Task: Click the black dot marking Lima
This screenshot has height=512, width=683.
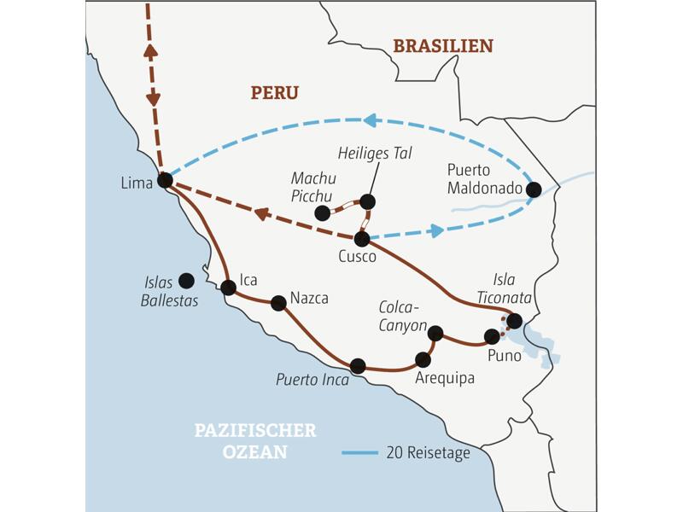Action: click(x=165, y=181)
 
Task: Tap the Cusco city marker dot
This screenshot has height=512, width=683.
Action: click(x=362, y=239)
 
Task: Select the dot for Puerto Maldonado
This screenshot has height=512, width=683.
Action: click(x=534, y=189)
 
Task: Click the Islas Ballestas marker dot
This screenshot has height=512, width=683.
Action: click(x=186, y=280)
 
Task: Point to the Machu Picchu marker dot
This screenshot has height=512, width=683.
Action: click(x=322, y=212)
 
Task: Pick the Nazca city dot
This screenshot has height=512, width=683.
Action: click(x=278, y=302)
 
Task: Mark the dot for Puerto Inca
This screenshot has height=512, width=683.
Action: click(x=358, y=365)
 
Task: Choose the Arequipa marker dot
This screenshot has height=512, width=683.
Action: click(x=423, y=359)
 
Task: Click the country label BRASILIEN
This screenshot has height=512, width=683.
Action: click(x=442, y=46)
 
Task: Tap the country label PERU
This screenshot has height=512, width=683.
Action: click(x=275, y=93)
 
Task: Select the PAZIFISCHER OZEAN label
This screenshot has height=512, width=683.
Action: click(x=255, y=441)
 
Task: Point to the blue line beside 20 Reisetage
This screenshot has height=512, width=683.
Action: click(x=359, y=453)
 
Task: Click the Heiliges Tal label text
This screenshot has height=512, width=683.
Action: click(x=375, y=154)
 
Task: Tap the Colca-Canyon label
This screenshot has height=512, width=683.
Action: click(x=404, y=316)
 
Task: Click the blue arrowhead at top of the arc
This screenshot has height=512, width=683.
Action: click(x=369, y=120)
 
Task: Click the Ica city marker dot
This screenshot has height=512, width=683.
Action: click(x=228, y=288)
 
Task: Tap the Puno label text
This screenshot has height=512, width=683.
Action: click(x=504, y=356)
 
